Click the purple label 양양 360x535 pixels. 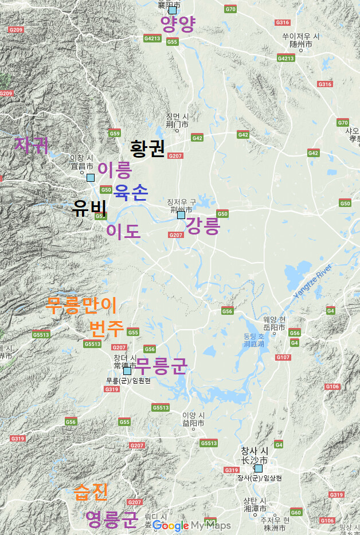click(178, 24)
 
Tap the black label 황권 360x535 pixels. click(148, 149)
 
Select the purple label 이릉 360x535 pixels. click(115, 170)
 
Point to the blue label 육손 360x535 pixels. click(131, 192)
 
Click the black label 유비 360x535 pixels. click(90, 208)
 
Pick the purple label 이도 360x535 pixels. click(123, 231)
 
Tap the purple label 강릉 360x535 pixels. click(203, 225)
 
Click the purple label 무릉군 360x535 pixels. click(162, 365)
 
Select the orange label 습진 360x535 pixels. click(91, 491)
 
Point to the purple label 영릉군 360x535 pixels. click(112, 519)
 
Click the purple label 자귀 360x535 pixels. click(31, 145)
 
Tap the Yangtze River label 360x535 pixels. click(313, 281)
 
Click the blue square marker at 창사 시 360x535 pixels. click(259, 468)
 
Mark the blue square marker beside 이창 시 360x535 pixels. click(91, 177)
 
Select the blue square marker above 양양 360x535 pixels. click(172, 10)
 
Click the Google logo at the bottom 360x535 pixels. click(170, 525)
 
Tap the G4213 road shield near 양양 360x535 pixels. click(152, 38)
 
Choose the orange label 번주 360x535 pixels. click(106, 329)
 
